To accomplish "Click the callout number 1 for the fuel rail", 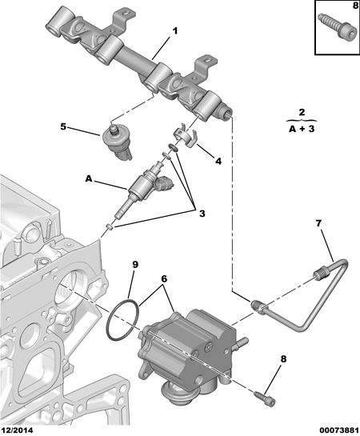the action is (x=175, y=31).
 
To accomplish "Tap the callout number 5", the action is (x=63, y=126).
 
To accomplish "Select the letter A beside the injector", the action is (x=89, y=178).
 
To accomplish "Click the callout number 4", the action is (x=218, y=161).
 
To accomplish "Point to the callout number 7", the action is (x=318, y=223).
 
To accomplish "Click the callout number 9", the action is (x=135, y=265).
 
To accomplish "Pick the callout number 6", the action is (x=164, y=278).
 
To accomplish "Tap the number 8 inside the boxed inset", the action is (x=355, y=6).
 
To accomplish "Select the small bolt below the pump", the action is (x=264, y=398).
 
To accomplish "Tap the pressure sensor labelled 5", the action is (x=117, y=141).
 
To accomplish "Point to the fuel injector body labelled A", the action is (x=142, y=189).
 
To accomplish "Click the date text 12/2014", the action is (x=17, y=430).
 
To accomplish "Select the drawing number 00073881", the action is (x=338, y=430).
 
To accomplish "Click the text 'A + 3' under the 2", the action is (x=302, y=129).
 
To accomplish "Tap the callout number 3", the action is (x=202, y=214).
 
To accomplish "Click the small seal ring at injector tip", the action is (x=110, y=227).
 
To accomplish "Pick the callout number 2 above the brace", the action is (x=302, y=113).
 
